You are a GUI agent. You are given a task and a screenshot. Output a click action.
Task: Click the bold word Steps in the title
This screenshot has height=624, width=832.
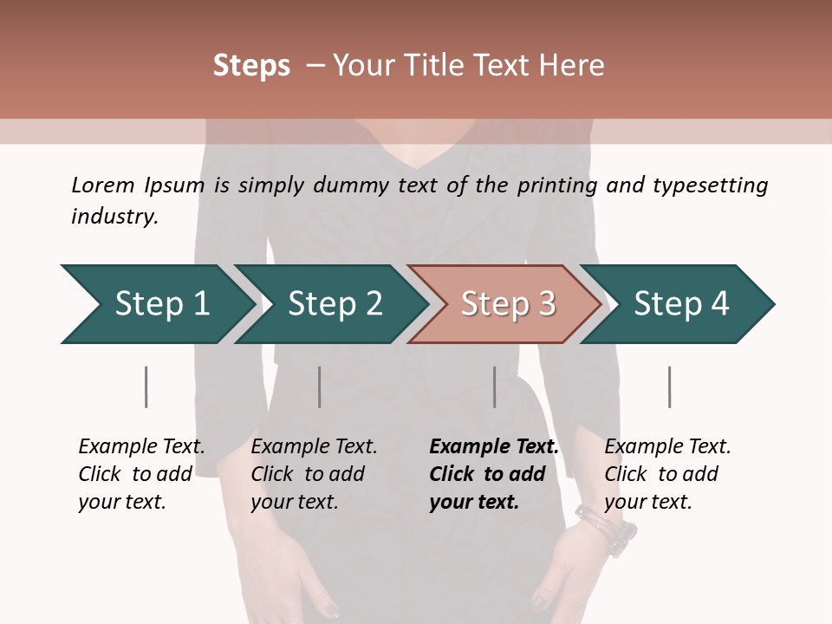(251, 66)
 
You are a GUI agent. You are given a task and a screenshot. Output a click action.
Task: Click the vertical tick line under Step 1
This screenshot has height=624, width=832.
(146, 387)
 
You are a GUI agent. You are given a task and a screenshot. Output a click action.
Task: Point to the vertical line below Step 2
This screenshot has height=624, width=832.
(320, 387)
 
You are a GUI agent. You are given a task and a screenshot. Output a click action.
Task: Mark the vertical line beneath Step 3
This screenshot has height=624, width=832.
(495, 387)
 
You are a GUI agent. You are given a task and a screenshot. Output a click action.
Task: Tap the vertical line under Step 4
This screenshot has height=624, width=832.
(670, 387)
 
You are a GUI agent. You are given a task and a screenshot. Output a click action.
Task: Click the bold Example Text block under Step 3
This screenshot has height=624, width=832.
(493, 474)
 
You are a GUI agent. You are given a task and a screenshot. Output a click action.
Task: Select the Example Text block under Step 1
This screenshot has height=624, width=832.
(141, 474)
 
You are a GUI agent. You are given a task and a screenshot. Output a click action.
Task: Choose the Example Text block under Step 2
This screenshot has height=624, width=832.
(314, 474)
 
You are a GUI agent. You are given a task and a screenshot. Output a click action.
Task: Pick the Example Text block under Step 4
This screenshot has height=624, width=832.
(667, 474)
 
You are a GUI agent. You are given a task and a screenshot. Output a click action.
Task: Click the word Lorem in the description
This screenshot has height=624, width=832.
(103, 185)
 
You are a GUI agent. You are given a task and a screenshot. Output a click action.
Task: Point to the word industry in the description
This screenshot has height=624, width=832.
(114, 217)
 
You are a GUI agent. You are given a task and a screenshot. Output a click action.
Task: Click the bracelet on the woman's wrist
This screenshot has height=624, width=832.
(607, 527)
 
